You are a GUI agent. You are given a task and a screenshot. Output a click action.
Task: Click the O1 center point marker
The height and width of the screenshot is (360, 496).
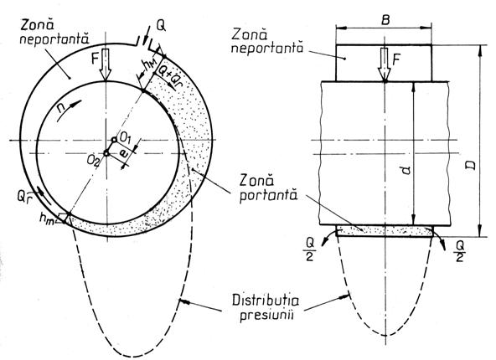click(114, 139)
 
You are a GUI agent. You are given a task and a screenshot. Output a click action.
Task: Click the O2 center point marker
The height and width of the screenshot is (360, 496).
click(106, 153)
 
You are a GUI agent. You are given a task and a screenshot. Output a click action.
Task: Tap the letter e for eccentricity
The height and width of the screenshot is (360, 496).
click(124, 154)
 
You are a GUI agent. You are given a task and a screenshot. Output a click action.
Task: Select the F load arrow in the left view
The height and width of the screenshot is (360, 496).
click(106, 64)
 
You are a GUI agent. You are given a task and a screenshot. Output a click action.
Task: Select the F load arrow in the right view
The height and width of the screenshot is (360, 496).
click(385, 64)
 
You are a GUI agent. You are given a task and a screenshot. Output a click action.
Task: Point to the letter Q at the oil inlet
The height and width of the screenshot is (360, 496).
click(161, 26)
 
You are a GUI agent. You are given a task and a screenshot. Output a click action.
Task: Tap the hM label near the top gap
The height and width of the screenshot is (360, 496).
click(148, 65)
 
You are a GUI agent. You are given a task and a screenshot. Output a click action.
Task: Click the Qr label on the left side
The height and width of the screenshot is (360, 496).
click(24, 197)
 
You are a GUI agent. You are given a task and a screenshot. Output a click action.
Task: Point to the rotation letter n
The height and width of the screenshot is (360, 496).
click(62, 107)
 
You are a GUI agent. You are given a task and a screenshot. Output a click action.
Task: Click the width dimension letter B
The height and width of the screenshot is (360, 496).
click(385, 20)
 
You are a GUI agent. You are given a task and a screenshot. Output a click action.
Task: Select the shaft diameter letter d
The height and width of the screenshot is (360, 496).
click(407, 169)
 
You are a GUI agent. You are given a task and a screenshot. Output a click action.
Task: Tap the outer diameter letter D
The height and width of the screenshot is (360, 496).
click(472, 165)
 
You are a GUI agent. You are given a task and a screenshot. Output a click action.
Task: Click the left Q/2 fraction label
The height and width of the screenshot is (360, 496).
click(310, 249)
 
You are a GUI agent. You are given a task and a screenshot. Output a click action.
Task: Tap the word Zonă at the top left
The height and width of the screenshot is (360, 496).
click(34, 25)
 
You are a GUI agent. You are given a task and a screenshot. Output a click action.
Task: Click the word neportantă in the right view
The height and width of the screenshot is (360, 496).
click(267, 48)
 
